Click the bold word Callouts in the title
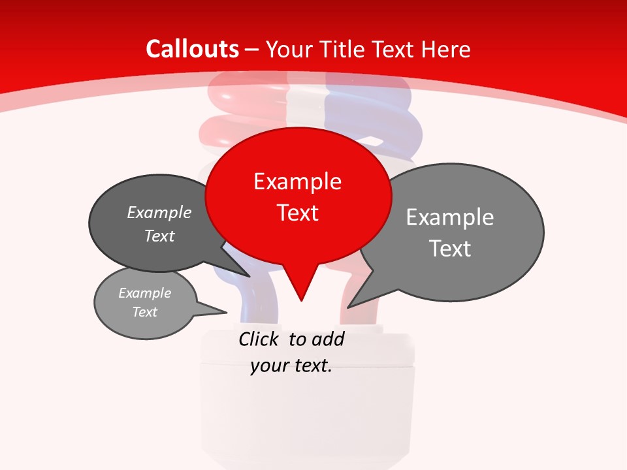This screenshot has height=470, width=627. (x=193, y=49)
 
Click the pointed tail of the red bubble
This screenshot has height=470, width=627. (x=301, y=297)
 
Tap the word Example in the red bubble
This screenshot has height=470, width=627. (x=298, y=181)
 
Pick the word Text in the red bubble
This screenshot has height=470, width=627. (x=298, y=213)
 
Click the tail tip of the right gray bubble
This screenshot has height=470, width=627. (x=349, y=305)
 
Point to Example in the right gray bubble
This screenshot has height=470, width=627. (x=450, y=217)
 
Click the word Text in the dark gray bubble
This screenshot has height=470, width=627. (x=159, y=236)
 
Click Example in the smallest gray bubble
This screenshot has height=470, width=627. (x=145, y=293)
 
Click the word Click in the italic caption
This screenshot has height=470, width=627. (x=259, y=339)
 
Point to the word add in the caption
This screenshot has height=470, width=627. (x=328, y=339)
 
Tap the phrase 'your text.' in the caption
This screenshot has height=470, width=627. (x=291, y=366)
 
